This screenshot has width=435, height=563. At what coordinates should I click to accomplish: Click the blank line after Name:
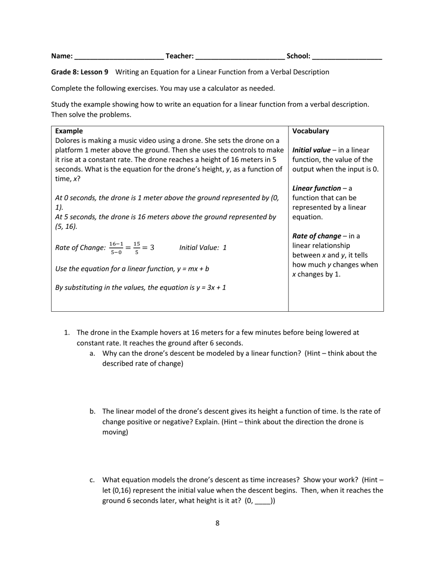click(119, 57)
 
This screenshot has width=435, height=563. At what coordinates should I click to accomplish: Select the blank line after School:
click(348, 57)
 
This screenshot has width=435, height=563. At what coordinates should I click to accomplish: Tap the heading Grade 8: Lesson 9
click(80, 72)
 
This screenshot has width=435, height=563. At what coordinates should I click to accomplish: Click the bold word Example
click(69, 131)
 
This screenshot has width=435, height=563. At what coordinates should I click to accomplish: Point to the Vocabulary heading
click(310, 131)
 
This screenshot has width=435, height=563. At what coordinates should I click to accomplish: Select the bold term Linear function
click(316, 188)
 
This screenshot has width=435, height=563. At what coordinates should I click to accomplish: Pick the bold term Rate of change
click(316, 236)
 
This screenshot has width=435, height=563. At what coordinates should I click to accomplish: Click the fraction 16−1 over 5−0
click(116, 248)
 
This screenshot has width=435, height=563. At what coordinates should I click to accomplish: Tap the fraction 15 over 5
click(136, 248)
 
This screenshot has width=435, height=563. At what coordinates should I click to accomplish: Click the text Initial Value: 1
click(203, 248)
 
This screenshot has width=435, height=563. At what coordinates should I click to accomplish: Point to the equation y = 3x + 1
click(211, 287)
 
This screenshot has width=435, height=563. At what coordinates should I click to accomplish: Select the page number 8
click(217, 523)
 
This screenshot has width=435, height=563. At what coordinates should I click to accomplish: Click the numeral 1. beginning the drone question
click(66, 333)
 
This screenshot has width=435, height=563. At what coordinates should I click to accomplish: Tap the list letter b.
click(92, 411)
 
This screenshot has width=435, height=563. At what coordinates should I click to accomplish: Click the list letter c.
click(92, 480)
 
